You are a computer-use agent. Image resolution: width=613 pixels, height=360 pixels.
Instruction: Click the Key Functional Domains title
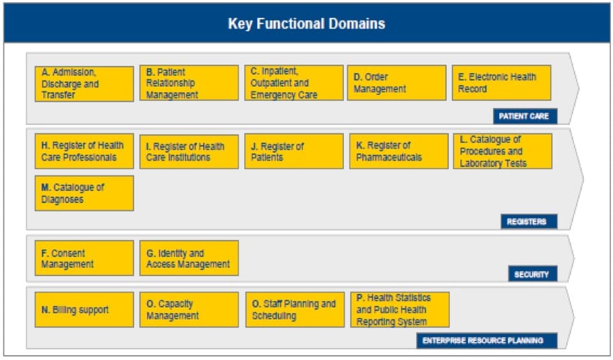click(307, 23)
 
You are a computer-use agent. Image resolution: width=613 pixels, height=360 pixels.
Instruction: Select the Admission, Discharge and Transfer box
click(84, 84)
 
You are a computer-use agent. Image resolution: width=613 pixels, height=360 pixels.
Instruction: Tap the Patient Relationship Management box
click(189, 83)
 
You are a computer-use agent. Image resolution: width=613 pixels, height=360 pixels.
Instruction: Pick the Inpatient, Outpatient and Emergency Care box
click(294, 83)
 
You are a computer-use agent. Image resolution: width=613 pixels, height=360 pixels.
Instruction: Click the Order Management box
click(396, 83)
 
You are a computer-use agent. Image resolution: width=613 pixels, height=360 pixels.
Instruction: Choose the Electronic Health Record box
click(501, 83)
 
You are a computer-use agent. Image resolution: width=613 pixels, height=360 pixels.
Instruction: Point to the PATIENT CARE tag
click(525, 116)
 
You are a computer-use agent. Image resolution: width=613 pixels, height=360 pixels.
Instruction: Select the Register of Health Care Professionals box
click(84, 151)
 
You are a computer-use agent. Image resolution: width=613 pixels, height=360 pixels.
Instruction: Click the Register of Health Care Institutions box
click(189, 152)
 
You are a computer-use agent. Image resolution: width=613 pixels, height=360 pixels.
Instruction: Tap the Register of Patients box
click(294, 151)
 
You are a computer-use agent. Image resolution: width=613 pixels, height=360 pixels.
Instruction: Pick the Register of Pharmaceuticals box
click(398, 151)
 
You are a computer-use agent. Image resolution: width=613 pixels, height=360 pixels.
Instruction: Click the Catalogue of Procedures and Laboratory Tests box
click(503, 151)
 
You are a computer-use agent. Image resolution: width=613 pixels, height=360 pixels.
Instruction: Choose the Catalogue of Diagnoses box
click(84, 193)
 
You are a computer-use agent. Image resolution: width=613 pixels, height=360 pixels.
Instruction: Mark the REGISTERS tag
click(529, 222)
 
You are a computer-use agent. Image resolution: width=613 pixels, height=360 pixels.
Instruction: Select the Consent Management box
click(84, 258)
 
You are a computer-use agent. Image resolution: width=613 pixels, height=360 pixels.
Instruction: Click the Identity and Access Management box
click(189, 258)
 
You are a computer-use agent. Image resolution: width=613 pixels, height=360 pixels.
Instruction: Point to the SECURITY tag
click(533, 273)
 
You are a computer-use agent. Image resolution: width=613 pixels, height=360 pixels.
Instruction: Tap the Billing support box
click(84, 310)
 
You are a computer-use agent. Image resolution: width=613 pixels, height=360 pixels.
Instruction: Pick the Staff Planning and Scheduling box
click(295, 310)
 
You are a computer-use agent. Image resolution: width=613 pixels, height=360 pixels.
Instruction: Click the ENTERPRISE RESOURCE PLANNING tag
click(487, 340)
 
